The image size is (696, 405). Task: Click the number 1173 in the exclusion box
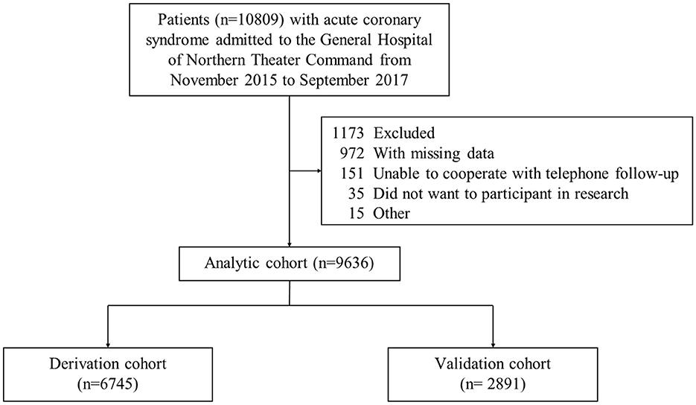click(x=348, y=133)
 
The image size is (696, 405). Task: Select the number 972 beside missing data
click(x=352, y=153)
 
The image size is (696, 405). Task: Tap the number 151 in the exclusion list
click(x=352, y=173)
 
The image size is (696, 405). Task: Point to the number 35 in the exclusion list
click(x=356, y=194)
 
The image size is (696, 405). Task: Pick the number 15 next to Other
click(x=356, y=214)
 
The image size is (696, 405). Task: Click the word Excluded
click(x=404, y=133)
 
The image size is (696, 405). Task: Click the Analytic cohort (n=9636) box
click(x=290, y=264)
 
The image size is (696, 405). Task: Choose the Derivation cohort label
click(x=108, y=364)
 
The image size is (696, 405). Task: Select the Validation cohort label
click(x=493, y=364)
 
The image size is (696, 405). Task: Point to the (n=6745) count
click(x=108, y=383)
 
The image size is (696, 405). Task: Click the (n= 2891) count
click(x=493, y=383)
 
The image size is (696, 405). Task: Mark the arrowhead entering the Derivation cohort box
click(x=108, y=345)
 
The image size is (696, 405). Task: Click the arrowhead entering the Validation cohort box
click(x=493, y=345)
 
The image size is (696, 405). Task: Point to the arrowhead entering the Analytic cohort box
click(x=290, y=243)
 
